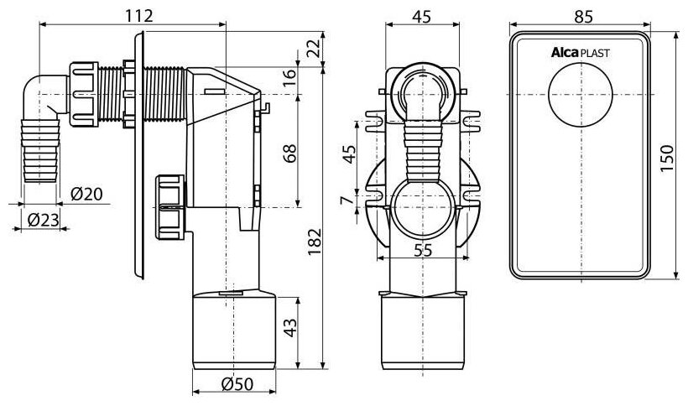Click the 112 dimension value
click(139, 16)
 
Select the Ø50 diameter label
click(237, 384)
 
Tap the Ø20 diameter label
click(86, 194)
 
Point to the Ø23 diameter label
click(43, 220)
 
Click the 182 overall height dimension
click(315, 242)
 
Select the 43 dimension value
click(290, 327)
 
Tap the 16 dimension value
click(290, 78)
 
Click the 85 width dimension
click(584, 17)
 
